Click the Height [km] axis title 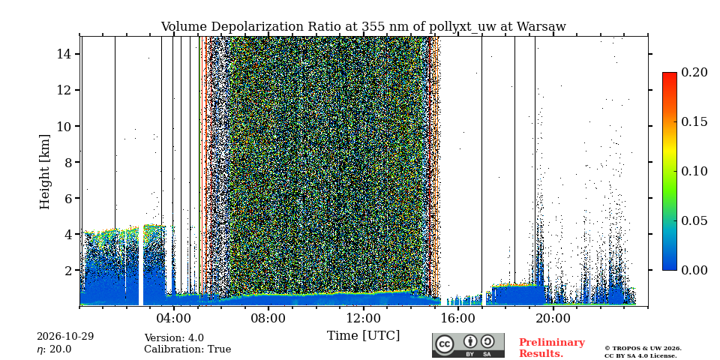tap(44, 172)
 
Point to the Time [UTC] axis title tap(363, 336)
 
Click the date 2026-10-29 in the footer tap(65, 337)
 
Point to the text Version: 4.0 tap(174, 338)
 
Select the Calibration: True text tap(187, 349)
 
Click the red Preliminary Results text tap(552, 348)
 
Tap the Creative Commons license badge tap(468, 345)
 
